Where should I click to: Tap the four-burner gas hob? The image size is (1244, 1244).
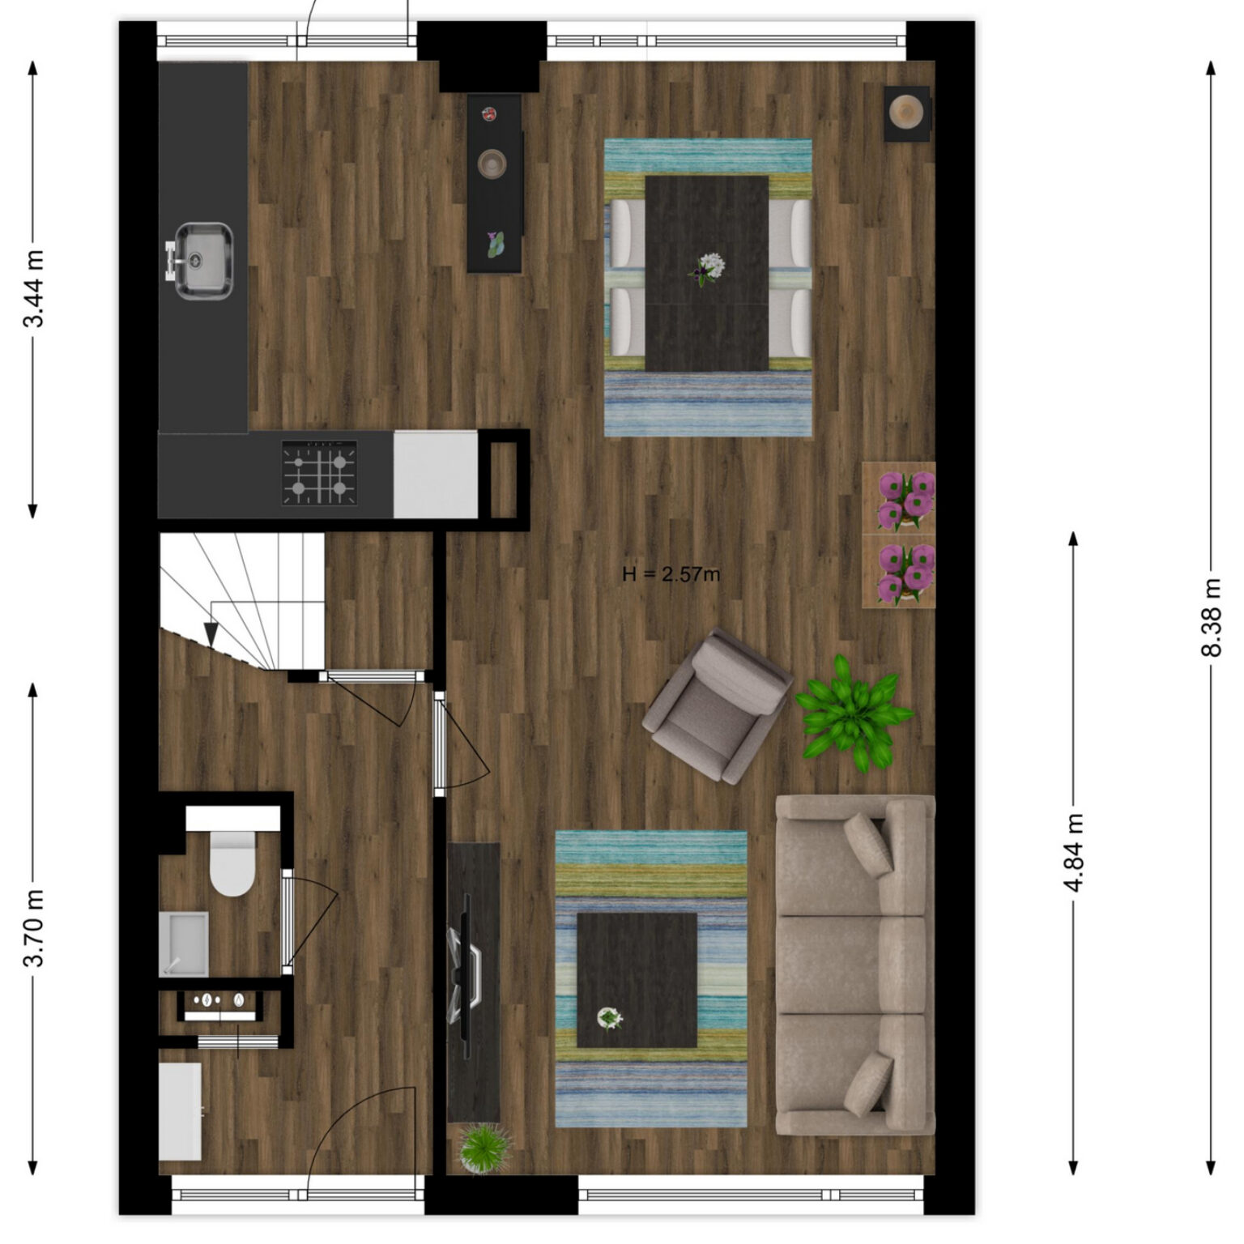pyautogui.click(x=320, y=474)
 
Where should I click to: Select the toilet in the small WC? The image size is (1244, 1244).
pyautogui.click(x=232, y=862)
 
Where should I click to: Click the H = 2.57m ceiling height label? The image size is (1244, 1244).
pyautogui.click(x=671, y=575)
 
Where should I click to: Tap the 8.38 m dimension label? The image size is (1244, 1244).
pyautogui.click(x=1211, y=617)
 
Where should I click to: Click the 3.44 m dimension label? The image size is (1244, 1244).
pyautogui.click(x=33, y=289)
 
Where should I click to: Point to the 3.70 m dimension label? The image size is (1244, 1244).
pyautogui.click(x=33, y=928)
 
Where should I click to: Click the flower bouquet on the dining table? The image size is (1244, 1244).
pyautogui.click(x=708, y=268)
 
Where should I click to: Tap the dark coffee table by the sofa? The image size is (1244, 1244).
pyautogui.click(x=637, y=980)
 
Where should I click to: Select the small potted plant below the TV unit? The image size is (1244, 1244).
pyautogui.click(x=484, y=1146)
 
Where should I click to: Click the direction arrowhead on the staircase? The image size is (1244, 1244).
pyautogui.click(x=211, y=634)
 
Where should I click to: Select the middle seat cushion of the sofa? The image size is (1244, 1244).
pyautogui.click(x=851, y=965)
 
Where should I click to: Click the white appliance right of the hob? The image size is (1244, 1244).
pyautogui.click(x=436, y=474)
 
